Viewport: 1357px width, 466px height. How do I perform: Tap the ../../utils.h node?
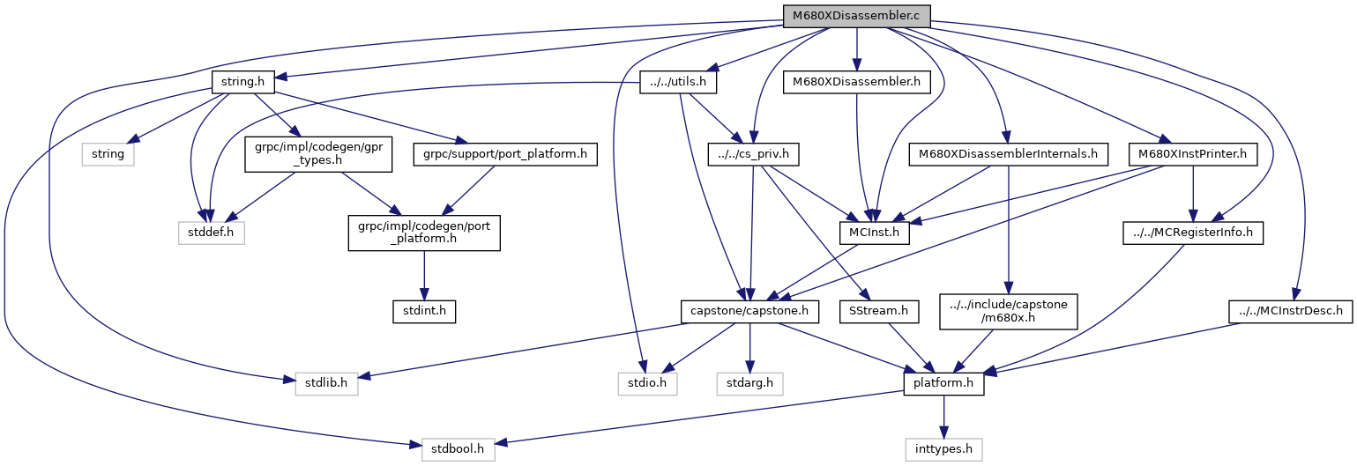coord(677,83)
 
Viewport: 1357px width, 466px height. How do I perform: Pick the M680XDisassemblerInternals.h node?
coord(1008,155)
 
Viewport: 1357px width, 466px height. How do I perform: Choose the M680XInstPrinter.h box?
coord(1192,155)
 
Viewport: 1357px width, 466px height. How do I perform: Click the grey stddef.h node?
coord(209,233)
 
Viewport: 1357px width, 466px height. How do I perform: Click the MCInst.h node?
coord(873,233)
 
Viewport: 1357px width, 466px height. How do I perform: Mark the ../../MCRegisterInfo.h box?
coord(1193,233)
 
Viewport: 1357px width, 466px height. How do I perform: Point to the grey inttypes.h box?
coord(943,449)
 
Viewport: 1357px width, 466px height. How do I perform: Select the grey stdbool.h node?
coord(458,449)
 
